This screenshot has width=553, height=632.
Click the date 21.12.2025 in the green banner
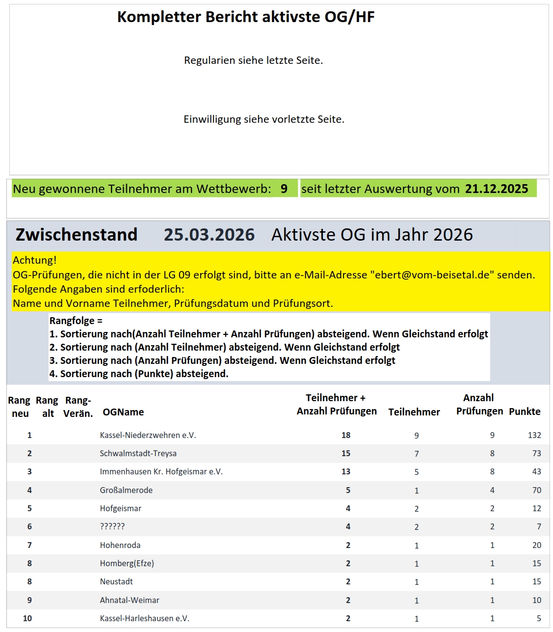496,189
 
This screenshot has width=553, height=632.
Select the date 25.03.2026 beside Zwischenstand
209,235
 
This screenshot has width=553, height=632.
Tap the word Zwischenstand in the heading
76,235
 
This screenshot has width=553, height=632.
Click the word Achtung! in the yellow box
34,260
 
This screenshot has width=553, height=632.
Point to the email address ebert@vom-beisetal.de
432,275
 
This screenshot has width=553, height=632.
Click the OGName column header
123,412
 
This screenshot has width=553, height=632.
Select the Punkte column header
524,412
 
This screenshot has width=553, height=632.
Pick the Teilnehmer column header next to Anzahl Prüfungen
414,412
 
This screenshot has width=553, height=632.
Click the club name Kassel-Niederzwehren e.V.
147,435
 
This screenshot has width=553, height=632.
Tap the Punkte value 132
534,435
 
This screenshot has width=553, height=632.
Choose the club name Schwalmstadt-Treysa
138,453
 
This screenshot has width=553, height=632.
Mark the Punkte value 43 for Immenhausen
536,471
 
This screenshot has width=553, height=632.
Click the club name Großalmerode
126,490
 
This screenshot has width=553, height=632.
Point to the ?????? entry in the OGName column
112,526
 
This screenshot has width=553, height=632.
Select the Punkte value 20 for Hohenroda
536,545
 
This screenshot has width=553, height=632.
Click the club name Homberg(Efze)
127,563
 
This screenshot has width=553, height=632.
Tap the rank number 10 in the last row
28,618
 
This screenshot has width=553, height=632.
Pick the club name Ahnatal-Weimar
129,600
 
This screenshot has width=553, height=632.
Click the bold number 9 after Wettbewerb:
284,189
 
